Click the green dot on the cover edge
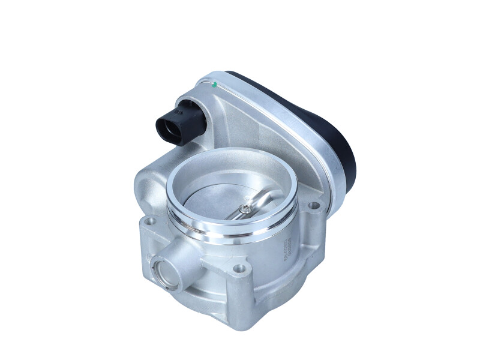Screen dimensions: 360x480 (214, 85)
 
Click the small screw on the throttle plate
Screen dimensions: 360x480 (246, 209)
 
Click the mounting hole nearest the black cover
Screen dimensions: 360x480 (313, 207)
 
